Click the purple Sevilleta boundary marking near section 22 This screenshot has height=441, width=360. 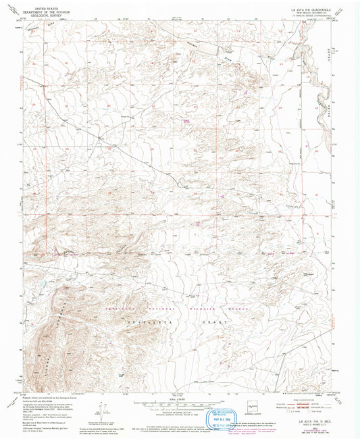tap(184, 120)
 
